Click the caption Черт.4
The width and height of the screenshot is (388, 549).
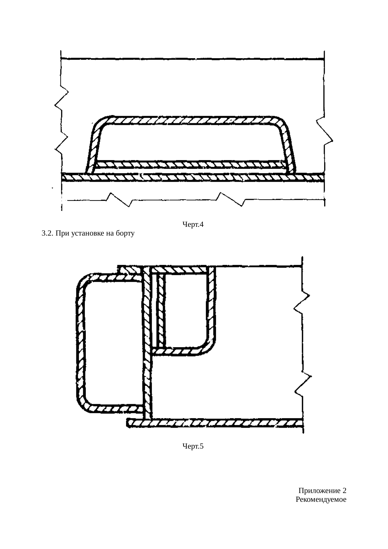tap(193, 224)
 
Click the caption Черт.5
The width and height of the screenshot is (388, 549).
tap(193, 446)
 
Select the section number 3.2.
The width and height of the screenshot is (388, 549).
tap(47, 233)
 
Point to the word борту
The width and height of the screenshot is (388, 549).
tap(125, 234)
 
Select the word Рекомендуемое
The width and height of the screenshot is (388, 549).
tap(321, 500)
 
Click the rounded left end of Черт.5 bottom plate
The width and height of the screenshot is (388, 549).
tap(129, 423)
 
